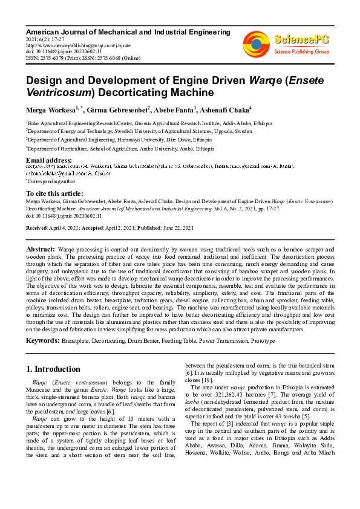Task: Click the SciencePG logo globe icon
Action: [256, 44]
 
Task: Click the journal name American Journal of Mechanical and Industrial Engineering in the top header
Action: [117, 30]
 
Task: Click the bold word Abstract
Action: [40, 249]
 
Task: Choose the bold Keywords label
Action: [42, 340]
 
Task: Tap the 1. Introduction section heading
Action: [53, 369]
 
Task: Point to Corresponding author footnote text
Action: [51, 181]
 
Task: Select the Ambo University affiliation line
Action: [120, 148]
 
